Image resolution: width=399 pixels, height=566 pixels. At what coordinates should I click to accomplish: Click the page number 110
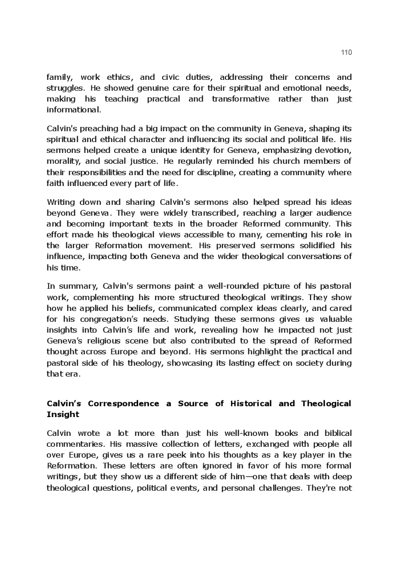click(x=346, y=52)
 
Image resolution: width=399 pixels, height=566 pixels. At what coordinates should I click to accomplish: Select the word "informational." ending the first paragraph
click(x=74, y=110)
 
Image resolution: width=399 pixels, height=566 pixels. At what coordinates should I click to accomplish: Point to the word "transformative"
click(x=241, y=99)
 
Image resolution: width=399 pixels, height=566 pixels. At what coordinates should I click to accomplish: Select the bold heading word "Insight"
click(x=63, y=414)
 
